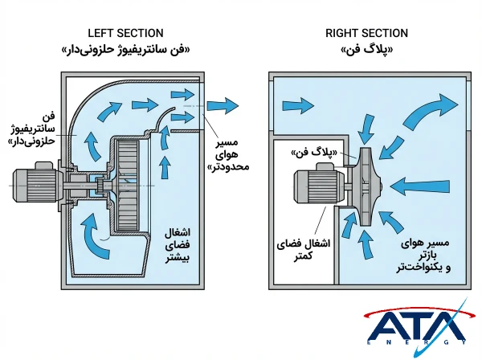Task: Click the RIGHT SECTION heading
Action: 366,33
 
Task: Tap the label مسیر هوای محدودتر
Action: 231,154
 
